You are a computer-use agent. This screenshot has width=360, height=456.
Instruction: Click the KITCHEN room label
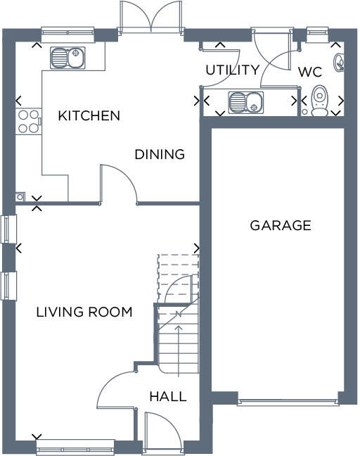(89, 115)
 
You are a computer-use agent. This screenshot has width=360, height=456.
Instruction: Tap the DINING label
(160, 154)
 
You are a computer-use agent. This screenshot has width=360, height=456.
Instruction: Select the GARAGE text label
(280, 225)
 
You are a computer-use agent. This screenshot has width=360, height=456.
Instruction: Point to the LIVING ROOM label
(84, 312)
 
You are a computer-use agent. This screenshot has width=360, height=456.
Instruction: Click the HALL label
(168, 397)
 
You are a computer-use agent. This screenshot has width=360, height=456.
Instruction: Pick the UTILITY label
(232, 70)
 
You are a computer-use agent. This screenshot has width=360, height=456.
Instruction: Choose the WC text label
(310, 71)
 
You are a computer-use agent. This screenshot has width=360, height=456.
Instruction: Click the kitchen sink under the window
(67, 57)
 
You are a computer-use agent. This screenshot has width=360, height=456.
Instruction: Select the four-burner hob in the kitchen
(28, 121)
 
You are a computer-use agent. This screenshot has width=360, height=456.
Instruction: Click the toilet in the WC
(320, 100)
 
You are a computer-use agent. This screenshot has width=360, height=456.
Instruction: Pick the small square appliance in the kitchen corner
(20, 197)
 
